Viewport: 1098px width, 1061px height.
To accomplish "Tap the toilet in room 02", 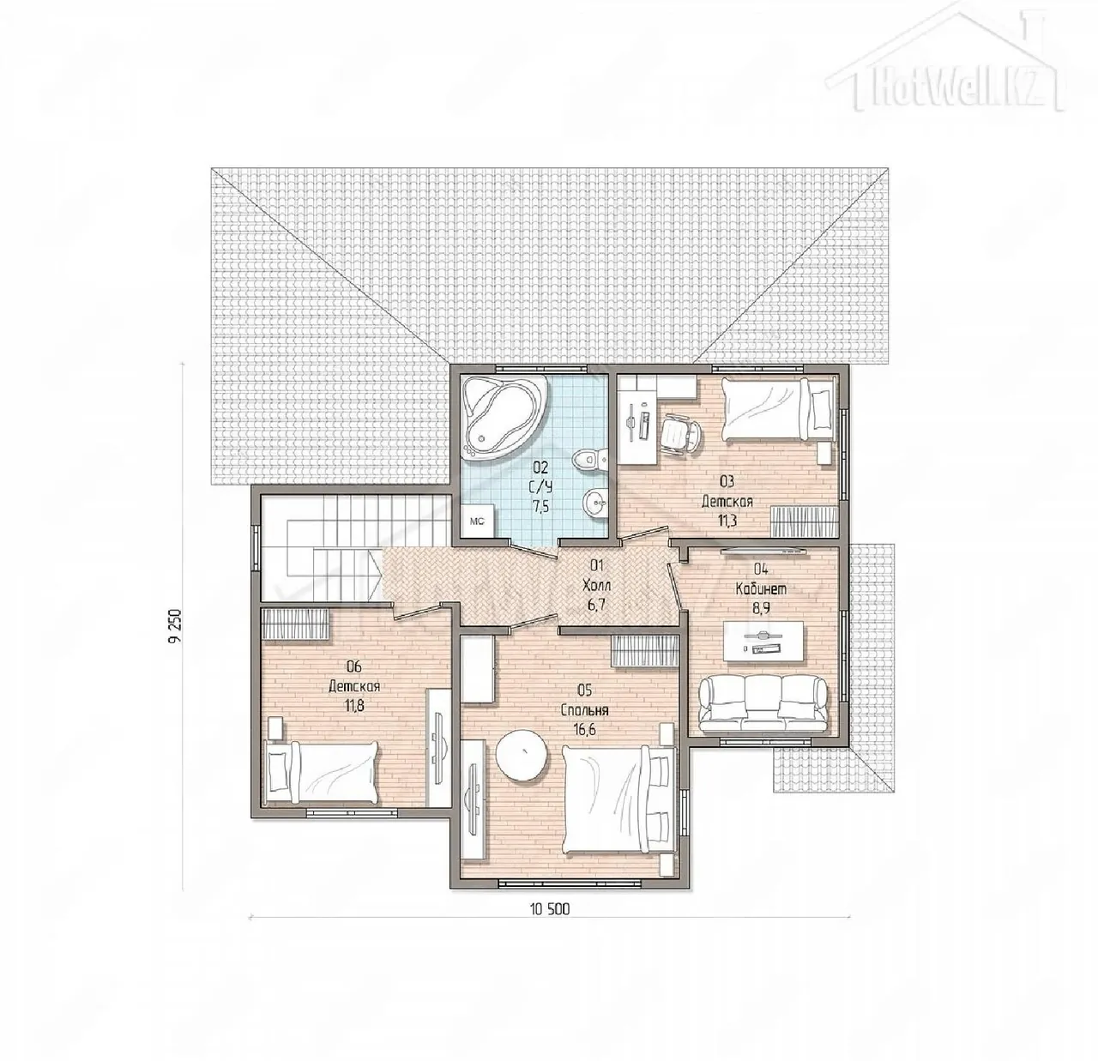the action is (x=589, y=459).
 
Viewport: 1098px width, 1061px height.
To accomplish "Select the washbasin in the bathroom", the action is (x=594, y=501).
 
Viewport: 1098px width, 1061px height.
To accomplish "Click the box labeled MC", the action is (x=477, y=521).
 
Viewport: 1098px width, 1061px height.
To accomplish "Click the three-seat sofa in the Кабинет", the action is (x=763, y=704).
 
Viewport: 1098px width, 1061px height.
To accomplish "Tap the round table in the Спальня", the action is (x=522, y=756).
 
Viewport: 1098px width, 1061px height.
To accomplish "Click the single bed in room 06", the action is (x=322, y=772).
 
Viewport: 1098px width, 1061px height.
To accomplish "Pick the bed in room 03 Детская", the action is (x=778, y=409).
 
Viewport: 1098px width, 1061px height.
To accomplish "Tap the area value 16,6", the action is (x=585, y=730).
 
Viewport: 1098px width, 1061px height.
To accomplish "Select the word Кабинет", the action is (x=761, y=589).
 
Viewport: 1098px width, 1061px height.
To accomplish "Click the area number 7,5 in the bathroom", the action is (x=540, y=506).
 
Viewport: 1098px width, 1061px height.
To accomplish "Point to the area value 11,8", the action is (x=354, y=704).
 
